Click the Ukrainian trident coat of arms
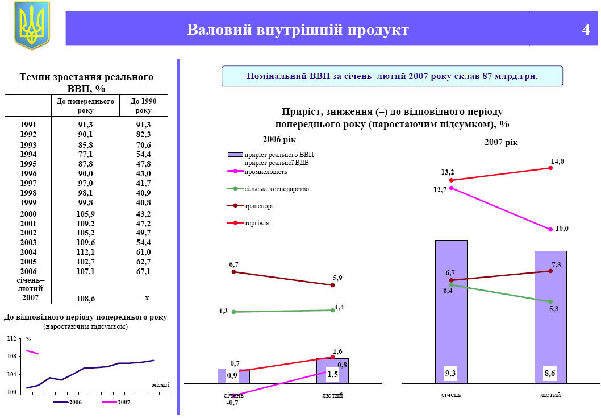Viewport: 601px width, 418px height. (x=31, y=26)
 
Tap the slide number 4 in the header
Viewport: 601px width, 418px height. (x=586, y=30)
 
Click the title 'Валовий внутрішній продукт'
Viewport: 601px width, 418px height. (x=298, y=30)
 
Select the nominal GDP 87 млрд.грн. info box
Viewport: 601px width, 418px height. (x=392, y=76)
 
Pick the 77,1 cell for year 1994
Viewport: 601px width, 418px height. (x=86, y=155)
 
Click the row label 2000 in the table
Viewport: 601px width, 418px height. (x=28, y=214)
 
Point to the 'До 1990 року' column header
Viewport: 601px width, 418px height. (x=143, y=105)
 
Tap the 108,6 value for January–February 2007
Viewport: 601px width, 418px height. (x=86, y=298)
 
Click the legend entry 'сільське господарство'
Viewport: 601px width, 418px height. (x=276, y=189)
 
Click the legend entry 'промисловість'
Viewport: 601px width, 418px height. (x=265, y=172)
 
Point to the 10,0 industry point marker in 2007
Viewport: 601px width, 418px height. (x=550, y=230)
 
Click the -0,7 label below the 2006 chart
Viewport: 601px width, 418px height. (x=233, y=403)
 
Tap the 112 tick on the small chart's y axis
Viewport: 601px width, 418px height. (x=11, y=339)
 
